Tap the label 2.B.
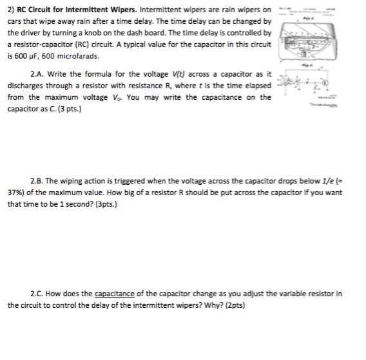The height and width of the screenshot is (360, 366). pos(39,181)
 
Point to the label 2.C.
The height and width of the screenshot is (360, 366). pos(39,293)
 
